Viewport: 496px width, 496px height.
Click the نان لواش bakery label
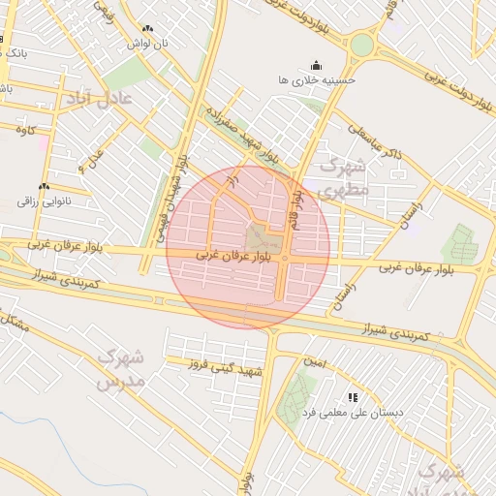click(x=150, y=45)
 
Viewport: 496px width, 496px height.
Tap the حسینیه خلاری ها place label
click(x=316, y=79)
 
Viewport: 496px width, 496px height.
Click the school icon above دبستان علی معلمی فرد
click(x=353, y=397)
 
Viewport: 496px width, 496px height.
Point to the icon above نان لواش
click(x=146, y=30)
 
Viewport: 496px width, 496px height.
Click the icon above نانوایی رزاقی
click(x=43, y=186)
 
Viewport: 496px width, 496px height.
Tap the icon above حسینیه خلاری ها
click(x=316, y=64)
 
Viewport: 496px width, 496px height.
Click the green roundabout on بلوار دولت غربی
click(x=362, y=45)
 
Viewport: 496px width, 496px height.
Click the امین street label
click(x=314, y=361)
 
